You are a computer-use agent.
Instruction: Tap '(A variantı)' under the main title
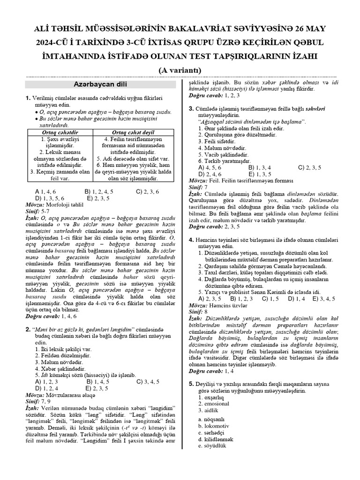point(180,70)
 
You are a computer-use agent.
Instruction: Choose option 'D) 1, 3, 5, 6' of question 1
point(55,198)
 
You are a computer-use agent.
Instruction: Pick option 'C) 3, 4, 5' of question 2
point(148,382)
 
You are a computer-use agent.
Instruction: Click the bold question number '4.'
point(191,240)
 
